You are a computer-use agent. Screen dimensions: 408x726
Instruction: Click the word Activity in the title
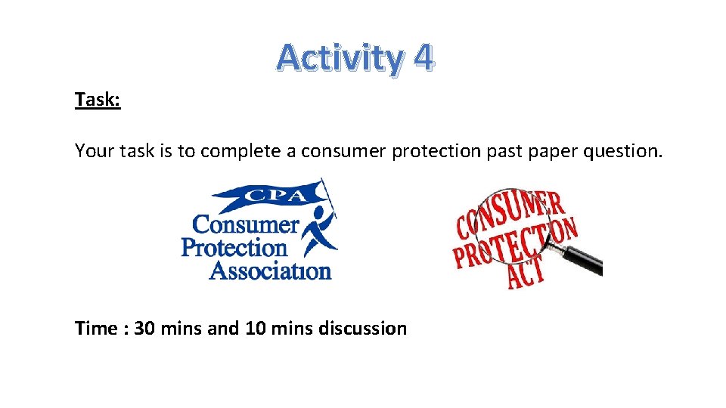click(340, 58)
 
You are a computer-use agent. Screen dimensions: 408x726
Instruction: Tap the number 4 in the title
click(423, 58)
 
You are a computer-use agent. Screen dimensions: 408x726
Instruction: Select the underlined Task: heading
click(98, 100)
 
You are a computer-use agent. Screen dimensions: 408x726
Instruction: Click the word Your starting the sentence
click(94, 151)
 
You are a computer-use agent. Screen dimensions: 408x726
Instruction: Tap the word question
click(623, 151)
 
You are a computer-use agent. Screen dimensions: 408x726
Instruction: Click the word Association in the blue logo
click(270, 270)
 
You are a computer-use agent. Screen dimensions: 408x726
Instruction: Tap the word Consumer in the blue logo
click(246, 224)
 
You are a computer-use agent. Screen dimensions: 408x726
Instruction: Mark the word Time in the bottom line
click(96, 329)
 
